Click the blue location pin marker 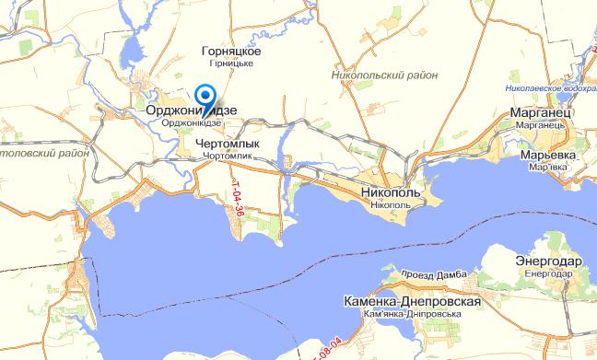(206, 96)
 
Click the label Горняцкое (231, 52)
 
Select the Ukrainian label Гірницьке (231, 64)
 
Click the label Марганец (542, 111)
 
